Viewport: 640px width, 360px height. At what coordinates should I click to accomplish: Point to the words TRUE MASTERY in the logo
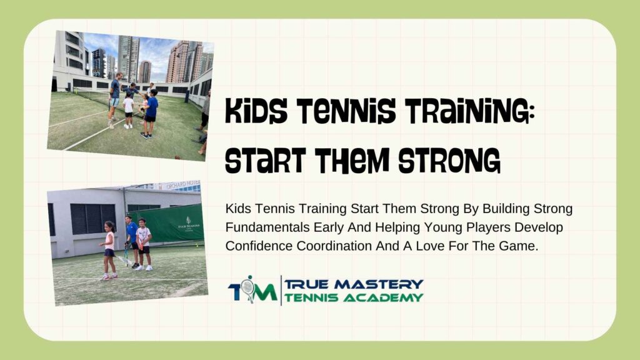point(354,284)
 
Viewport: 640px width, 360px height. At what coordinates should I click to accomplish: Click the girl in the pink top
point(109,247)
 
